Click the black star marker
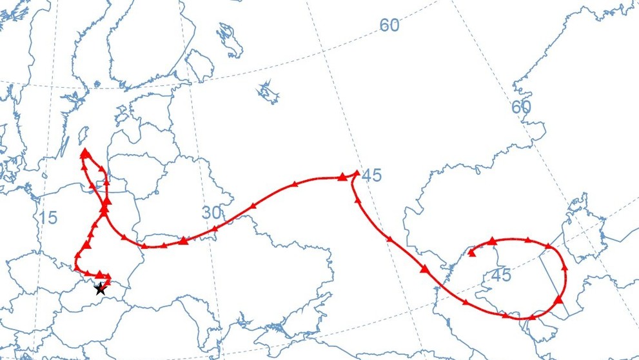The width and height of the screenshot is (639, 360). pyautogui.click(x=100, y=290)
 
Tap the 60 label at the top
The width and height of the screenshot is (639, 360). pyautogui.click(x=389, y=25)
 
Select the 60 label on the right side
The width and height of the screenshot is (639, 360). pyautogui.click(x=521, y=107)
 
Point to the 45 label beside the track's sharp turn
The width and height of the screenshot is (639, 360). pyautogui.click(x=371, y=175)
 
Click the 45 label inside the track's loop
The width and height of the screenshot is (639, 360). pyautogui.click(x=500, y=275)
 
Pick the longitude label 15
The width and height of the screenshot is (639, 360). pyautogui.click(x=47, y=218)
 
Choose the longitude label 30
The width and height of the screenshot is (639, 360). pyautogui.click(x=212, y=213)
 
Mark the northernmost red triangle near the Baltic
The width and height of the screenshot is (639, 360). pyautogui.click(x=84, y=152)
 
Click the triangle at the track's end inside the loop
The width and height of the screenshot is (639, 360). pyautogui.click(x=472, y=253)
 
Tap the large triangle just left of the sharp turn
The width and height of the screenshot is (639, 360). pyautogui.click(x=342, y=176)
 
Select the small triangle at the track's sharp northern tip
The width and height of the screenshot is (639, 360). pyautogui.click(x=357, y=172)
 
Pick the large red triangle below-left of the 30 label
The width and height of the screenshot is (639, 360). pyautogui.click(x=184, y=241)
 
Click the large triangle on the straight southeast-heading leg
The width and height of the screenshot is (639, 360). pyautogui.click(x=425, y=269)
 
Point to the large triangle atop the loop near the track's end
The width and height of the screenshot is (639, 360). pyautogui.click(x=493, y=241)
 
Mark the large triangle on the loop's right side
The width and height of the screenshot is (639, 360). pyautogui.click(x=558, y=299)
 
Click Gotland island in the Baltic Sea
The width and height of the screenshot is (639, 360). pyautogui.click(x=83, y=134)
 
